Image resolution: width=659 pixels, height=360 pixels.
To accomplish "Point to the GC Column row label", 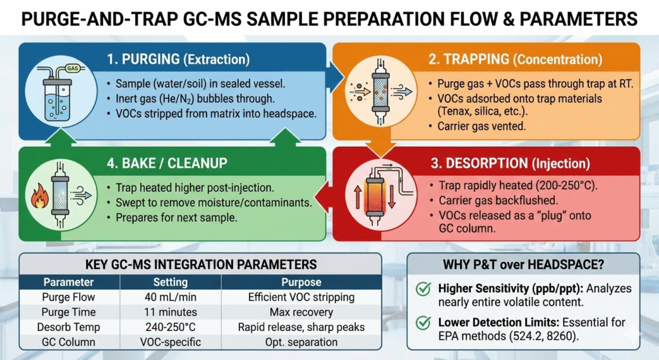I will coord(68,341).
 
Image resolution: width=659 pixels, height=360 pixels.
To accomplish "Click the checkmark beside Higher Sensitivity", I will coord(422,290).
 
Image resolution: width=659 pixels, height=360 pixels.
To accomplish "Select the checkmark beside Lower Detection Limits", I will coord(422,323).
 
